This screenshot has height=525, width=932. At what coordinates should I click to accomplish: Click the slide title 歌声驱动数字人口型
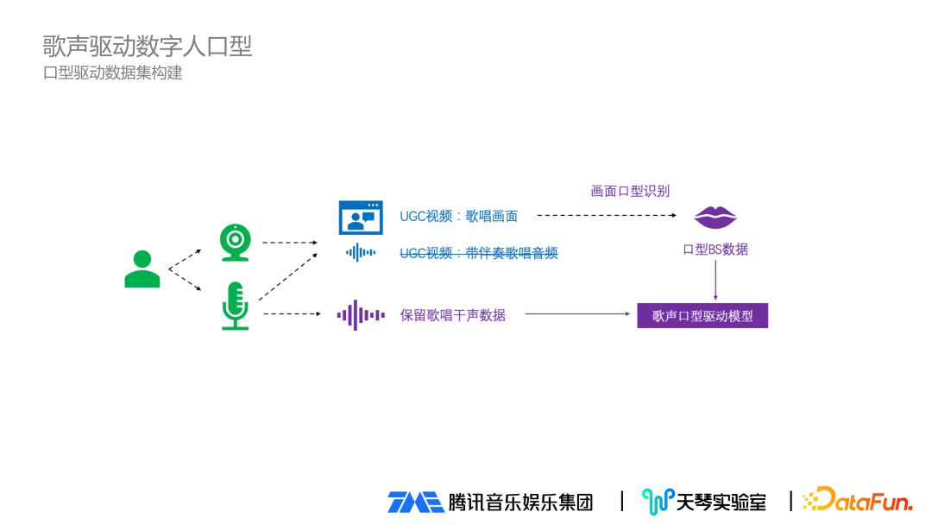click(148, 46)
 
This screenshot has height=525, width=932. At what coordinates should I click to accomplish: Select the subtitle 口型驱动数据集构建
click(113, 73)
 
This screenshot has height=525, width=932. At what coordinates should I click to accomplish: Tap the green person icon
click(142, 269)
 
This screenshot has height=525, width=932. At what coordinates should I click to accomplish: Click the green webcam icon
click(235, 243)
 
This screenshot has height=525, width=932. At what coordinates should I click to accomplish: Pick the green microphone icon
click(235, 306)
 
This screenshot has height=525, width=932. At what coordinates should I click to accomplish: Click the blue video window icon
click(360, 218)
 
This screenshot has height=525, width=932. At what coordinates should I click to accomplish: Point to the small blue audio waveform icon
click(360, 253)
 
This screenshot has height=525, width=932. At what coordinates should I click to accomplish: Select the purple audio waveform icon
click(360, 315)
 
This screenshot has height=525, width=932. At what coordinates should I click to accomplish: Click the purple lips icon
click(715, 218)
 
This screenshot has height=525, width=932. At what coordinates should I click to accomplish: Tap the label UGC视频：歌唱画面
click(458, 217)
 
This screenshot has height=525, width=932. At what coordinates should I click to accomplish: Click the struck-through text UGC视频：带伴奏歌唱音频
click(479, 253)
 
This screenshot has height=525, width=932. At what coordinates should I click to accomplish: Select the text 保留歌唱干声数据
click(452, 315)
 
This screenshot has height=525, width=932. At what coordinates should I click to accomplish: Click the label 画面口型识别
click(630, 191)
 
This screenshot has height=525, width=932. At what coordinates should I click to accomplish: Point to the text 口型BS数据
click(715, 250)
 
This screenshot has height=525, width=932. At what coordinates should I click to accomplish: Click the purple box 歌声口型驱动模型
click(702, 316)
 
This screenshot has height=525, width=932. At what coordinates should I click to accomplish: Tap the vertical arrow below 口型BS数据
click(715, 280)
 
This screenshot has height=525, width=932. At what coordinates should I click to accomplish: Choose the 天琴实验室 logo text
click(721, 502)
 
